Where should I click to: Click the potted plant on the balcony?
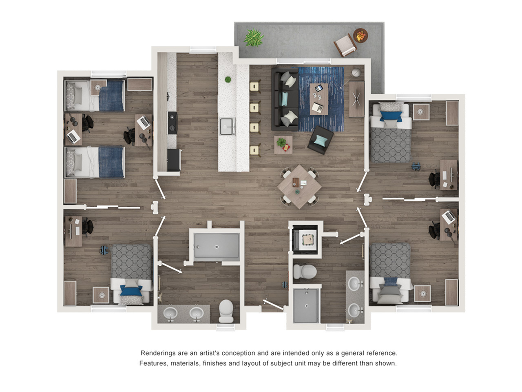[x=254, y=38]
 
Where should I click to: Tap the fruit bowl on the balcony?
[x=360, y=36]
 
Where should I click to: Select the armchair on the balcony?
[x=345, y=45]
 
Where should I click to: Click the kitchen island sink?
[x=227, y=126]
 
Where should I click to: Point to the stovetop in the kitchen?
[x=173, y=123]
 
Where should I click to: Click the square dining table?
[x=299, y=187]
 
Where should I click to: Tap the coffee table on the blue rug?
[x=319, y=99]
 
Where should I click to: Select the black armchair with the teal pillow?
[x=320, y=140]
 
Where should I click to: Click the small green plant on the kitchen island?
[x=228, y=80]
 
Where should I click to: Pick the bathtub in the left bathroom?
[x=216, y=246]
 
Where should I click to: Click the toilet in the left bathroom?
[x=226, y=311]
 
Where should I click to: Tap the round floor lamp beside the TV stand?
[x=356, y=73]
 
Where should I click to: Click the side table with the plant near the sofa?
[x=283, y=145]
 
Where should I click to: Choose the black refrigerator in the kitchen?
[x=174, y=160]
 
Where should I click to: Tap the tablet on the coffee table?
[x=319, y=89]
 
